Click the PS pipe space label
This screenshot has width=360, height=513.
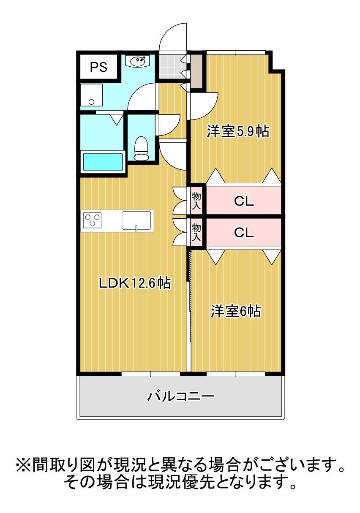tap(98, 67)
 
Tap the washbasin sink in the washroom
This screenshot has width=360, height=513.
tap(138, 62)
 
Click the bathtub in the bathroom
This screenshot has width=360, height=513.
tap(102, 162)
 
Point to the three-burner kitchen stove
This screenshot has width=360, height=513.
tap(93, 220)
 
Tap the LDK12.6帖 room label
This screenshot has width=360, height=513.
tap(134, 283)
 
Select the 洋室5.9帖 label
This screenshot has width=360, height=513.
tap(237, 132)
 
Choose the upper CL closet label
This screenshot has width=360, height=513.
tap(244, 201)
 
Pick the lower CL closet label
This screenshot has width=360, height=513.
tap(244, 232)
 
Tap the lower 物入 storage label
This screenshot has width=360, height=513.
tap(196, 232)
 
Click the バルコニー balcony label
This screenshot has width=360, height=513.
tap(181, 396)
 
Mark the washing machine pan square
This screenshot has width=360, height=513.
tap(92, 95)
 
